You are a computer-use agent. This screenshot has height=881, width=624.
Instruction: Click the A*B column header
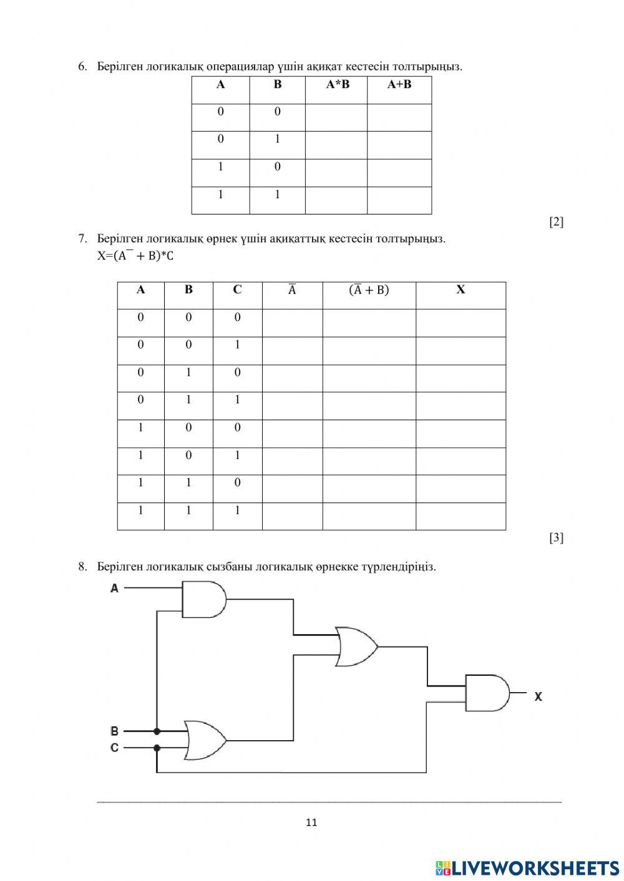[337, 85]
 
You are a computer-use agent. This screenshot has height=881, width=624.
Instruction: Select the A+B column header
[399, 85]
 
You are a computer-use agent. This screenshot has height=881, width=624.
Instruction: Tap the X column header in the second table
[461, 290]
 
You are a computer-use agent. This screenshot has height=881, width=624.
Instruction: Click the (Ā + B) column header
[369, 290]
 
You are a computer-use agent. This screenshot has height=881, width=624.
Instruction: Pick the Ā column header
[292, 290]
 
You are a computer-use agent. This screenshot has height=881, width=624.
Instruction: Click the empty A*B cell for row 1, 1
[336, 200]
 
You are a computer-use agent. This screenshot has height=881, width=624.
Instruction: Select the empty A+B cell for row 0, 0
[399, 117]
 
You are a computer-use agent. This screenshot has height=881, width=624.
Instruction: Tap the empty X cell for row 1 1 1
[461, 516]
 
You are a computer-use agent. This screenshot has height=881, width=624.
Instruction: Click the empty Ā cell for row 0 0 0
[292, 323]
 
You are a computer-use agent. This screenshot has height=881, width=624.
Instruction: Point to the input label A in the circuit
[114, 588]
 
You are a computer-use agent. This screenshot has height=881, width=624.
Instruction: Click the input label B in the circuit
[114, 731]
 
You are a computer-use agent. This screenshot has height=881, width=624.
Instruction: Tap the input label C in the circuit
[114, 747]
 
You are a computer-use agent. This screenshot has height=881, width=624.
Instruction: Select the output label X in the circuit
[538, 696]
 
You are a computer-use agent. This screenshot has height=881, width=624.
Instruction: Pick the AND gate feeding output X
[487, 693]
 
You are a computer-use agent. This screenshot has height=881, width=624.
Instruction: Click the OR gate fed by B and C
[205, 740]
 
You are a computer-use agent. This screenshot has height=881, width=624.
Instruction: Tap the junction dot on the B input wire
[157, 731]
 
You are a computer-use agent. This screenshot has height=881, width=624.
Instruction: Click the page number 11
[312, 822]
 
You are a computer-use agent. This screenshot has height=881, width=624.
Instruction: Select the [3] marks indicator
[556, 537]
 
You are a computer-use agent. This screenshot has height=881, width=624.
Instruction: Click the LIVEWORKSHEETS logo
[527, 867]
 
